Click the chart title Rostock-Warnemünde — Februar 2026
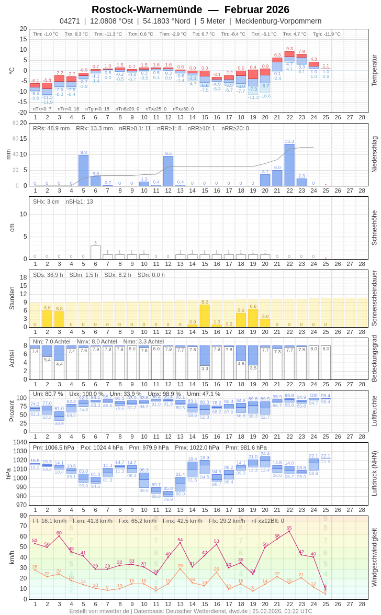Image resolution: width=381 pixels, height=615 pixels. [190, 9]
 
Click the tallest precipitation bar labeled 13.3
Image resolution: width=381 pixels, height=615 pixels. [289, 165]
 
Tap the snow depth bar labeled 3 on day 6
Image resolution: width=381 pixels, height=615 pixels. [95, 252]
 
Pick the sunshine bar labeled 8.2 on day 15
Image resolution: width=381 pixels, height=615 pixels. [205, 316]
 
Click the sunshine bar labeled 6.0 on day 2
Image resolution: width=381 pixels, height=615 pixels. [47, 319]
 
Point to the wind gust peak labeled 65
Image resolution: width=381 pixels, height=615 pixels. [289, 531]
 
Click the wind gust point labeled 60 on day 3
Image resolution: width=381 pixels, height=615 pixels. [59, 536]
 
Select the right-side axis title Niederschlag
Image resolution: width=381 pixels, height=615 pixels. [374, 154]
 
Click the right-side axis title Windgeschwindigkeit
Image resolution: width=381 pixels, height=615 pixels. [374, 557]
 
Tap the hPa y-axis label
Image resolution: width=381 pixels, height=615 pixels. [8, 474]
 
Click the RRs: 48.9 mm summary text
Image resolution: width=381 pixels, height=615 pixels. [51, 128]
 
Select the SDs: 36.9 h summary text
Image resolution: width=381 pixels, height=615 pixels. [48, 275]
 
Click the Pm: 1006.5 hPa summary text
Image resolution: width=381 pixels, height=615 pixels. [54, 448]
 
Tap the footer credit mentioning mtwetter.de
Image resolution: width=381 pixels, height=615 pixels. [190, 611]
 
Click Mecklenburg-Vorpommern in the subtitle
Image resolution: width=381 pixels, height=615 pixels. [278, 21]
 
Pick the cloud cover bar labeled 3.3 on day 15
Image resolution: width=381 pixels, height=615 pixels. [205, 355]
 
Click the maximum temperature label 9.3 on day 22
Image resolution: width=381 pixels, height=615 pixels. [289, 49]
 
